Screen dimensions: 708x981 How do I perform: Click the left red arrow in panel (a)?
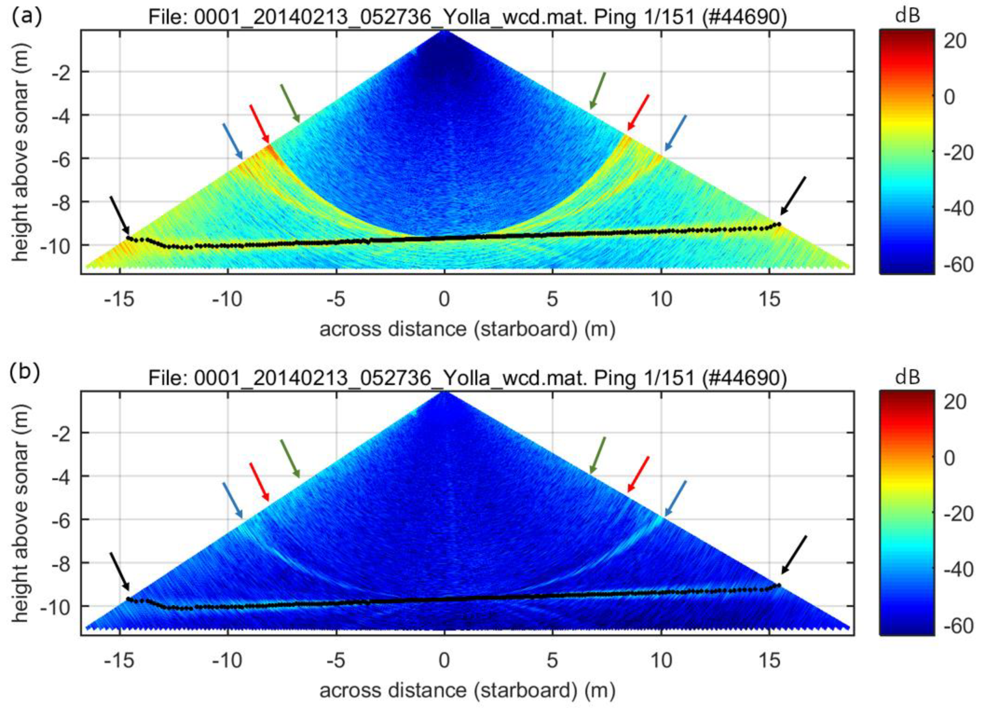(x=260, y=123)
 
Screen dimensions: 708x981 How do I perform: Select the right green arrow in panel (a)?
(x=597, y=91)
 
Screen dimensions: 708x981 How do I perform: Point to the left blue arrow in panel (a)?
(x=233, y=141)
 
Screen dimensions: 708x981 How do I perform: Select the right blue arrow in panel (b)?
(x=675, y=498)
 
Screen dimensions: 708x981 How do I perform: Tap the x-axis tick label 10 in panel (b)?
(x=661, y=660)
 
